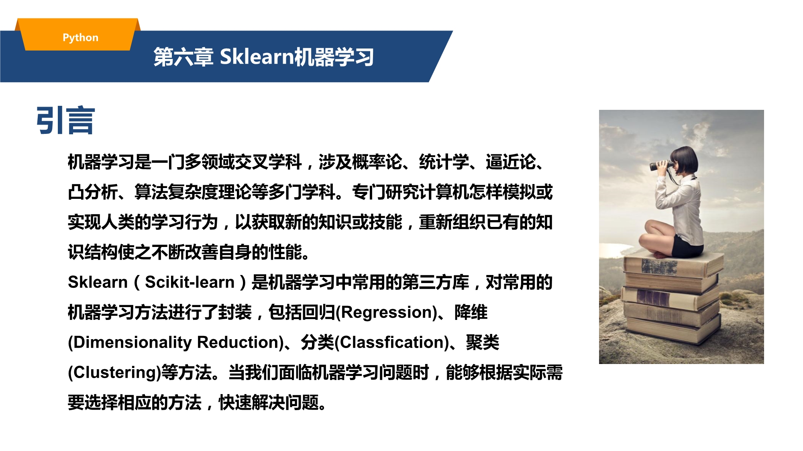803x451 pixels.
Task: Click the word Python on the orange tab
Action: click(80, 38)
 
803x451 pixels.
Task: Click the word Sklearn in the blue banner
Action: click(257, 56)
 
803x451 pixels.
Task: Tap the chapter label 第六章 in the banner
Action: click(183, 57)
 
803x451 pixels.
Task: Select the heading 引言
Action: click(65, 120)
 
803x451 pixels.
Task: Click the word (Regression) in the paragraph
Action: click(386, 312)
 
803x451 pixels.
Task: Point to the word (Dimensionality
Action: click(130, 342)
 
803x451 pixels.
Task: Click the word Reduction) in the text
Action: click(240, 342)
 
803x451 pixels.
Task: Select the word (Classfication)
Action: click(391, 342)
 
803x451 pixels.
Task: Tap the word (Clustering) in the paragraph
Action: click(114, 372)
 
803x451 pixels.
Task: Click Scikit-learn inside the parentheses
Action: click(190, 282)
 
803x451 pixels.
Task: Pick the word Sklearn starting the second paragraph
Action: click(98, 282)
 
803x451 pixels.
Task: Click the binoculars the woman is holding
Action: click(661, 165)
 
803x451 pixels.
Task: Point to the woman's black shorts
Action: click(687, 247)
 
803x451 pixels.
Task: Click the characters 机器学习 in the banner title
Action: click(334, 57)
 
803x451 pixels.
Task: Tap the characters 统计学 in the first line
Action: click(444, 162)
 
